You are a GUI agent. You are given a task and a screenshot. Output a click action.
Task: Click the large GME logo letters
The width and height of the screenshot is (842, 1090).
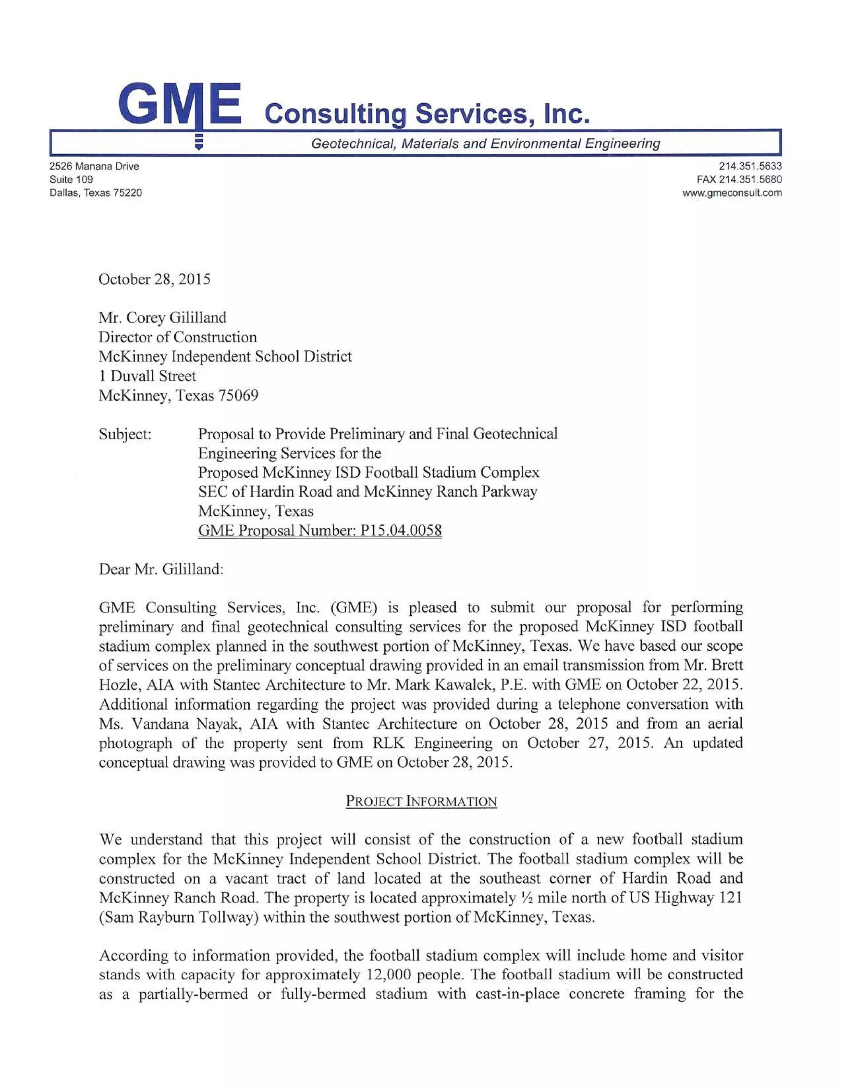(x=180, y=105)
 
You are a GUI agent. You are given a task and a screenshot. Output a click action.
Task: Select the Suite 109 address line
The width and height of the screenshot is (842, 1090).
(x=71, y=179)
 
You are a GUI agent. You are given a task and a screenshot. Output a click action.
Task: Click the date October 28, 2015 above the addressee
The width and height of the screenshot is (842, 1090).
(x=154, y=279)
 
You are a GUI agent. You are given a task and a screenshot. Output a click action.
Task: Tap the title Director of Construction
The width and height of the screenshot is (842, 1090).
(x=178, y=337)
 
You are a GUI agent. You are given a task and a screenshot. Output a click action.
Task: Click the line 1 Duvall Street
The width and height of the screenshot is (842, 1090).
(x=147, y=376)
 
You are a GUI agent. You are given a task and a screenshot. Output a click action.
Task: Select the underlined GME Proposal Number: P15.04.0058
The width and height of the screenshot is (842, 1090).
(x=320, y=531)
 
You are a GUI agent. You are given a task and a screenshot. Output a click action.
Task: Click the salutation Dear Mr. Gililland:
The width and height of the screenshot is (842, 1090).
(x=161, y=569)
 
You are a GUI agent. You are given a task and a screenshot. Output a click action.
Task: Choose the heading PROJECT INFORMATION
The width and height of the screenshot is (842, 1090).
(x=421, y=802)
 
